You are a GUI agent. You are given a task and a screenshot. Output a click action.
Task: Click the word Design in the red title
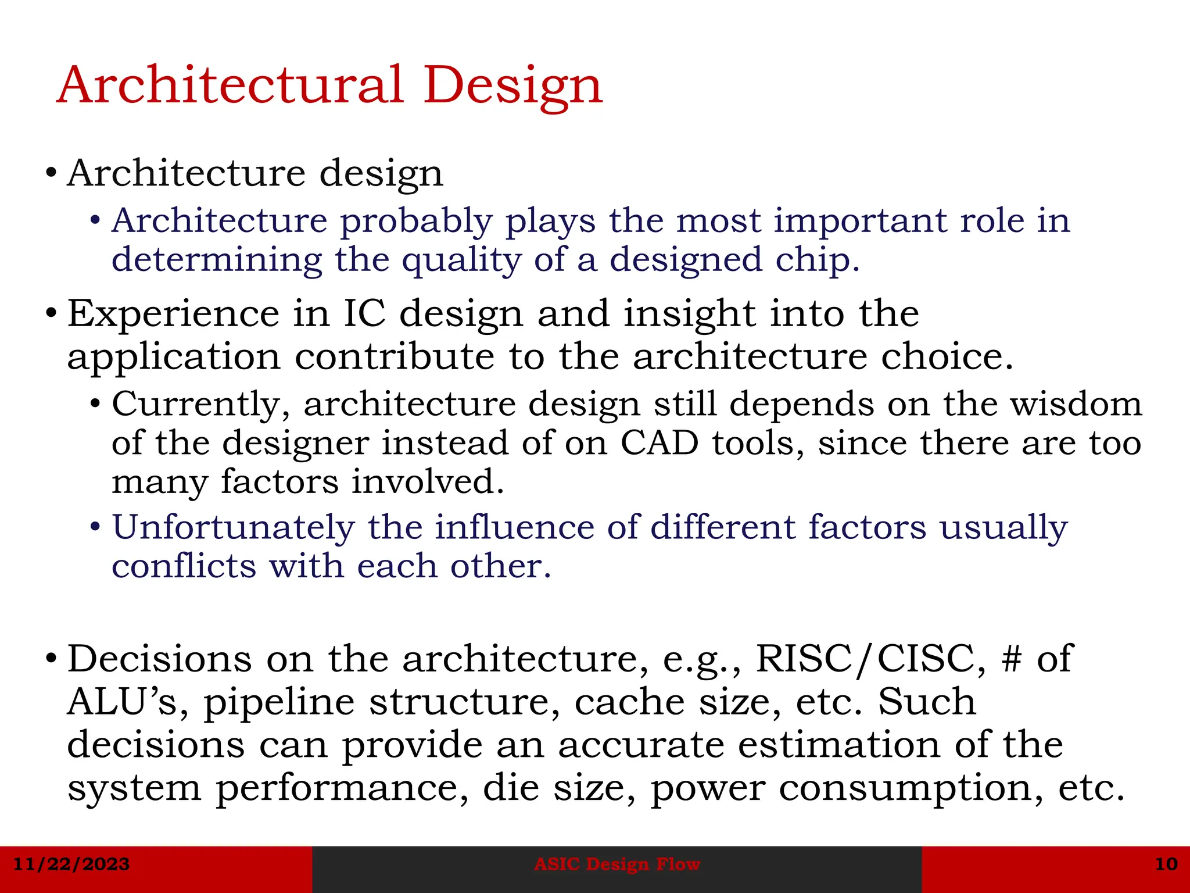coord(513,86)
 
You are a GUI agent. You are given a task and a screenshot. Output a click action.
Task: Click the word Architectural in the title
coord(230,85)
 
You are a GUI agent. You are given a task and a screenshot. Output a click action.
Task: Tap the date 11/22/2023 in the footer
coord(71,864)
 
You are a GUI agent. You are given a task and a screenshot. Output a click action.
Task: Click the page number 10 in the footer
coord(1166,864)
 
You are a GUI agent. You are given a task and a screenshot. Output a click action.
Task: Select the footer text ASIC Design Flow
coord(617,864)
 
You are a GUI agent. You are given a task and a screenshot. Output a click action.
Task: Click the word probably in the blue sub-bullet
coord(416,222)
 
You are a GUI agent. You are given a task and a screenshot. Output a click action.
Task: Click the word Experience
coord(173,314)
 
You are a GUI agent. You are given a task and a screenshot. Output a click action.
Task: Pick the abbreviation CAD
coord(659,443)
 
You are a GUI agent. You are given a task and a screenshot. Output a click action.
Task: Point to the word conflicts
coord(184,566)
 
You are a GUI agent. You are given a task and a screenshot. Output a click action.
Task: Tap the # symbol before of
coord(1011,659)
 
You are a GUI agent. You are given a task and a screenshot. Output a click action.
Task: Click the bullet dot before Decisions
coord(51,659)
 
